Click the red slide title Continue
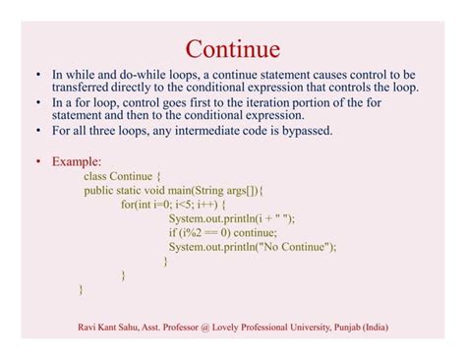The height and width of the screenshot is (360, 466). tap(233, 48)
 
